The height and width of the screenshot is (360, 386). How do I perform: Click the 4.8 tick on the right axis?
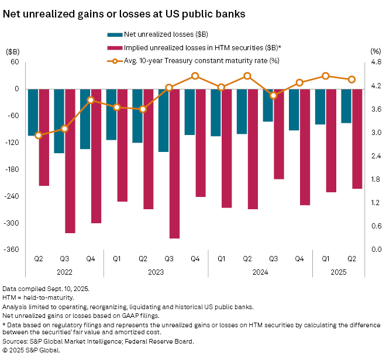pos(376,62)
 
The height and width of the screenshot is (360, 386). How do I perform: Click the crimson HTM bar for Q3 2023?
pos(174,164)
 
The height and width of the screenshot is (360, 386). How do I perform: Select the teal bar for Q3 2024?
pos(268,105)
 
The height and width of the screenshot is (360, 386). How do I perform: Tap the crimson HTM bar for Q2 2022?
pos(44,137)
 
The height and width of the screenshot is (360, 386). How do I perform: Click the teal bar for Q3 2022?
pos(59,121)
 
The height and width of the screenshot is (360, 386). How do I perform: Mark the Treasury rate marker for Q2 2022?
pos(39,135)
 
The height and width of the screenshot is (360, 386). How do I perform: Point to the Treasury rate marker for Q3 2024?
pos(273,95)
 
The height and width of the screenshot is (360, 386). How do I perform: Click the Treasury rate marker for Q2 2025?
pos(352,79)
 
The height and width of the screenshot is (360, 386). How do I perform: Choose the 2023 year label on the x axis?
pos(156,271)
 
